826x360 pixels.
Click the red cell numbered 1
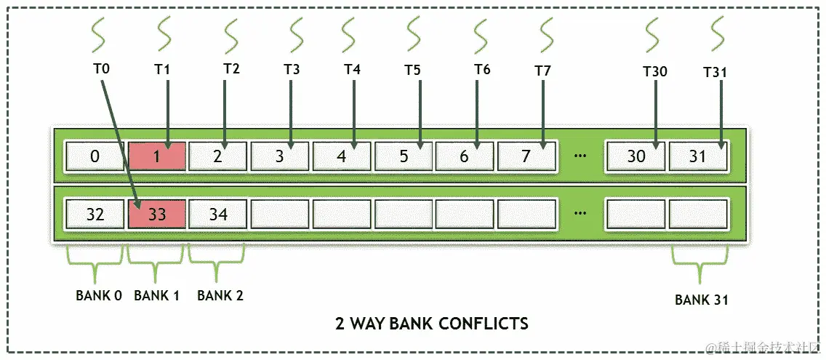pyautogui.click(x=157, y=156)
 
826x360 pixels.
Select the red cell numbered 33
pyautogui.click(x=157, y=215)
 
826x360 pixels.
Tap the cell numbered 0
pyautogui.click(x=95, y=156)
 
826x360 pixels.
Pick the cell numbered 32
pyautogui.click(x=95, y=215)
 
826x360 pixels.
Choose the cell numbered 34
pyautogui.click(x=218, y=215)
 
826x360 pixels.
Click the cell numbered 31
pyautogui.click(x=697, y=156)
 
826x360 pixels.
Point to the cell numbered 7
pyautogui.click(x=526, y=156)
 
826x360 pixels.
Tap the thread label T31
pyautogui.click(x=715, y=72)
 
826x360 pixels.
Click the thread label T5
pyautogui.click(x=413, y=71)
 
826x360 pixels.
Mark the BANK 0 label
pyautogui.click(x=99, y=295)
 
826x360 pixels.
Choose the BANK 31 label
pyautogui.click(x=702, y=300)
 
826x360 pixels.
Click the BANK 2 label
pyautogui.click(x=220, y=295)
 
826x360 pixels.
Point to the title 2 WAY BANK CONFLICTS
pyautogui.click(x=432, y=323)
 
